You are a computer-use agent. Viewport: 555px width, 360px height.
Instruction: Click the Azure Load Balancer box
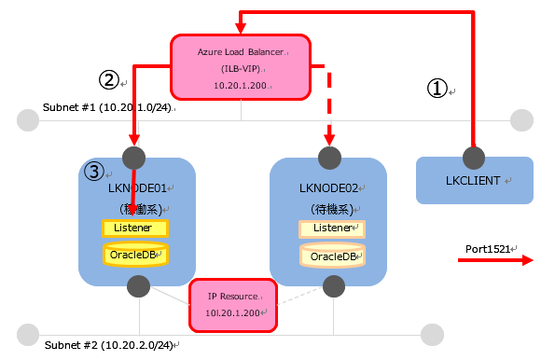coord(241,67)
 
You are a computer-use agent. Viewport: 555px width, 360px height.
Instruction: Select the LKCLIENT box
coord(474,180)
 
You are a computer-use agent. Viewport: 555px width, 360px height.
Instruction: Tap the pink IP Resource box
coord(233,304)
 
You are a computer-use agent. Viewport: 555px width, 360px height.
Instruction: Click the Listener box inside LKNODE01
coord(134,228)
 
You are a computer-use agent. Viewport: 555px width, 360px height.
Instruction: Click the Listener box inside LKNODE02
coord(331,228)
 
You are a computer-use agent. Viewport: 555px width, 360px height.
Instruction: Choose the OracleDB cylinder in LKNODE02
coord(331,256)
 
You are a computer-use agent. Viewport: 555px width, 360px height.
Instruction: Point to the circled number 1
coord(437,88)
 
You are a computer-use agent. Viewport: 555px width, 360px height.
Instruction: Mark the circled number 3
coord(94,172)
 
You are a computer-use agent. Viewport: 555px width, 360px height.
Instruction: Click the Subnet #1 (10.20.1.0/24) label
coord(108,108)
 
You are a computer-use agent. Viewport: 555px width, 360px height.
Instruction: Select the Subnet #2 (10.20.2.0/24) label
coord(108,345)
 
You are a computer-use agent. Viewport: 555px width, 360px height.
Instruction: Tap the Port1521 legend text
coord(491,249)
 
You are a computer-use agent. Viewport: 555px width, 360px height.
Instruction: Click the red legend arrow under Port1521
coord(494,262)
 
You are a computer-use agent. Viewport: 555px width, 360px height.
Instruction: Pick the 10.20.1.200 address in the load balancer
coord(240,85)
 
